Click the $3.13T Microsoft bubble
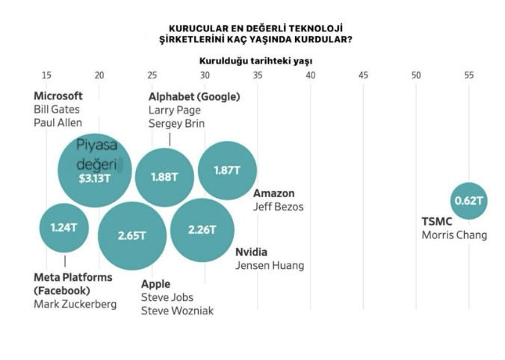95,171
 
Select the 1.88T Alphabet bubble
164,177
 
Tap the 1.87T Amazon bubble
227,170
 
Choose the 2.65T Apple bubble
131,235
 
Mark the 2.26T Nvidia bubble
202,229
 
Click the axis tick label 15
47,75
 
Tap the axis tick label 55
469,75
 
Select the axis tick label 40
311,75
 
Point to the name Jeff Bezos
279,207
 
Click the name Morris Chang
454,235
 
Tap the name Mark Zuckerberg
75,304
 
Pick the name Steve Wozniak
177,311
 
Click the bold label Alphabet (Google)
194,97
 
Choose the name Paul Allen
58,122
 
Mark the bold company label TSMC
437,222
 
